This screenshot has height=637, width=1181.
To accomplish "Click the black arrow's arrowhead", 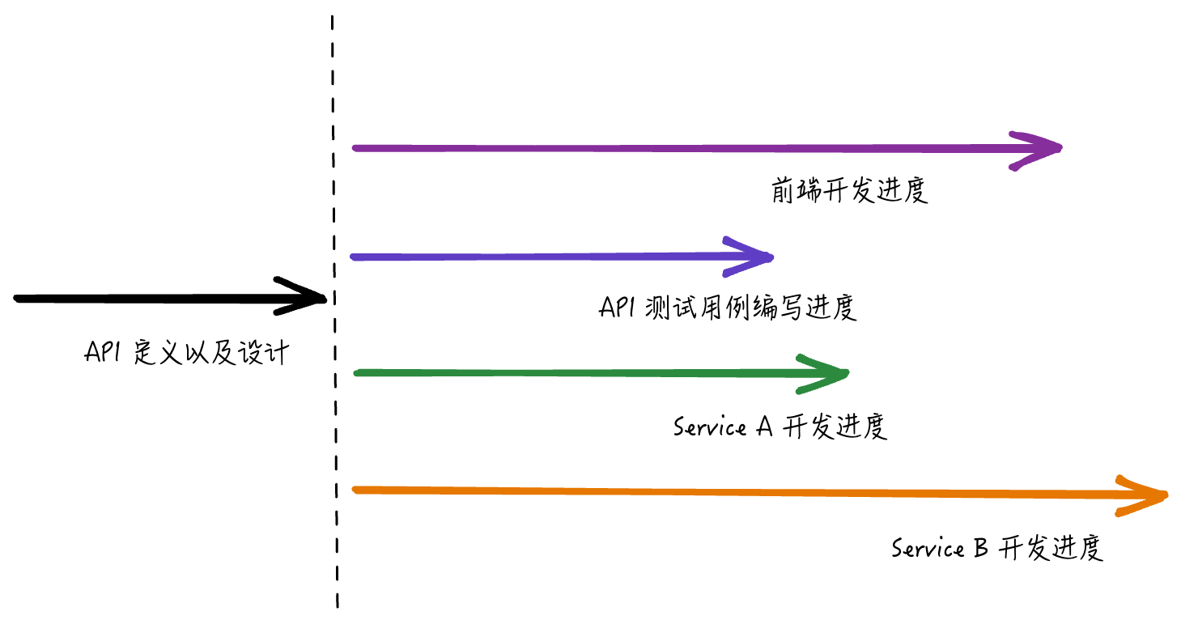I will [312, 298].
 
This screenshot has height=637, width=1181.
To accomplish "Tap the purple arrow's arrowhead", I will [1044, 148].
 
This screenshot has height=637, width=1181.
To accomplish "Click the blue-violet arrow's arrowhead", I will [756, 257].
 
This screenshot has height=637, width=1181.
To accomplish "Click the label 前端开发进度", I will [848, 191].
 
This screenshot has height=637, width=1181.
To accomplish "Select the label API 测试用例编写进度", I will [728, 308].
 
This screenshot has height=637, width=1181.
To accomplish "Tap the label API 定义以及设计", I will [186, 354].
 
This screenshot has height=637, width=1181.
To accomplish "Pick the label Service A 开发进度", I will [780, 427].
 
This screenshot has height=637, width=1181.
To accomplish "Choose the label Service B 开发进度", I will [997, 549].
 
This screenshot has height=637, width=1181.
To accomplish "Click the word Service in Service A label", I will [709, 427].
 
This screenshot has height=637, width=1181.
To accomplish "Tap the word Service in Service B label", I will [928, 549].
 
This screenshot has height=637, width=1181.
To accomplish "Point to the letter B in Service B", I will [979, 549].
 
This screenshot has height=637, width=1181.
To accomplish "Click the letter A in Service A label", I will [765, 427].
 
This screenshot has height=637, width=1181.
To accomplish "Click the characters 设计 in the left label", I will [263, 354].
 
